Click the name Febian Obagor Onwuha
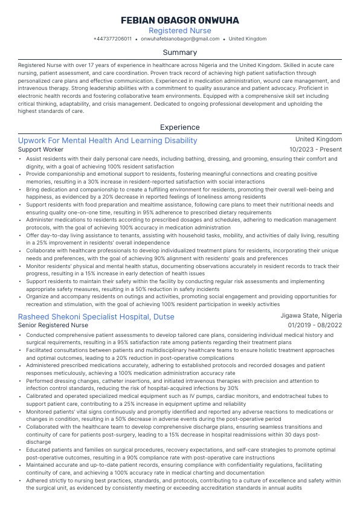179,21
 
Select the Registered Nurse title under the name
179,30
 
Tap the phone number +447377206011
112,39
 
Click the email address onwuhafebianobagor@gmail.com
180,39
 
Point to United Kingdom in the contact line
247,39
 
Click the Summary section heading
179,53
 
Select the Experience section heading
179,127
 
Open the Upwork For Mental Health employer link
108,141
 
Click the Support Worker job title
40,149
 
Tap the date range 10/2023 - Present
315,149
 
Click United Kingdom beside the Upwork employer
318,139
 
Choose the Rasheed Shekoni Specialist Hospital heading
96,316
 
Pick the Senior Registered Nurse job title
53,325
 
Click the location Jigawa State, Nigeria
311,316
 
